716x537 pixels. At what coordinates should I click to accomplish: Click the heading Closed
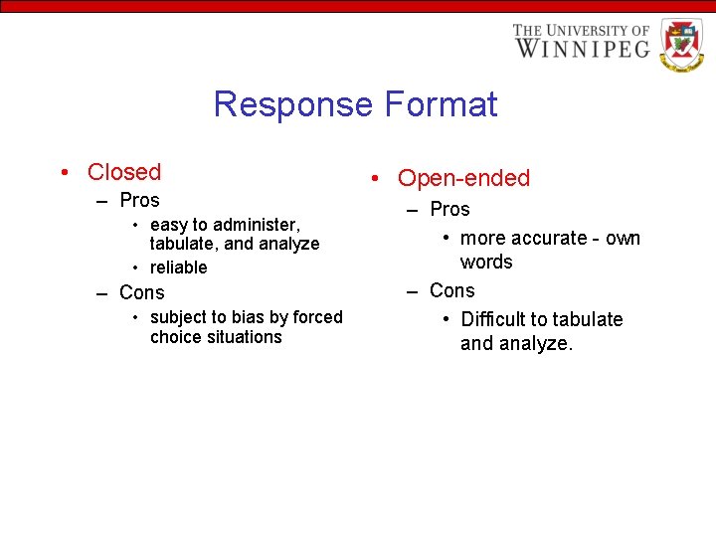pyautogui.click(x=124, y=172)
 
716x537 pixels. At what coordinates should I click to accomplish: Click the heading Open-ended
pyautogui.click(x=464, y=178)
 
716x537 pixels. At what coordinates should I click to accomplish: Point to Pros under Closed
pyautogui.click(x=139, y=200)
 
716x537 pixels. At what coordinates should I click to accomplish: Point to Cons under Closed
pyautogui.click(x=142, y=292)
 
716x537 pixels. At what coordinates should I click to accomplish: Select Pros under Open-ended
pyautogui.click(x=449, y=209)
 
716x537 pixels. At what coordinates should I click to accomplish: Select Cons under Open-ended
pyautogui.click(x=452, y=290)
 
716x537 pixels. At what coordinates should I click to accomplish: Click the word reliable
pyautogui.click(x=179, y=268)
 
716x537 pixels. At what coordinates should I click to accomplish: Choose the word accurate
pyautogui.click(x=549, y=238)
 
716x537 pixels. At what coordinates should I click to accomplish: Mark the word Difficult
pyautogui.click(x=493, y=319)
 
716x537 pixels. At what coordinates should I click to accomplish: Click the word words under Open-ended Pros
pyautogui.click(x=486, y=262)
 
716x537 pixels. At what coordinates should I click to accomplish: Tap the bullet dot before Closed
pyautogui.click(x=64, y=173)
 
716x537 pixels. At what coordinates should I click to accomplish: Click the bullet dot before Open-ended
pyautogui.click(x=374, y=179)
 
